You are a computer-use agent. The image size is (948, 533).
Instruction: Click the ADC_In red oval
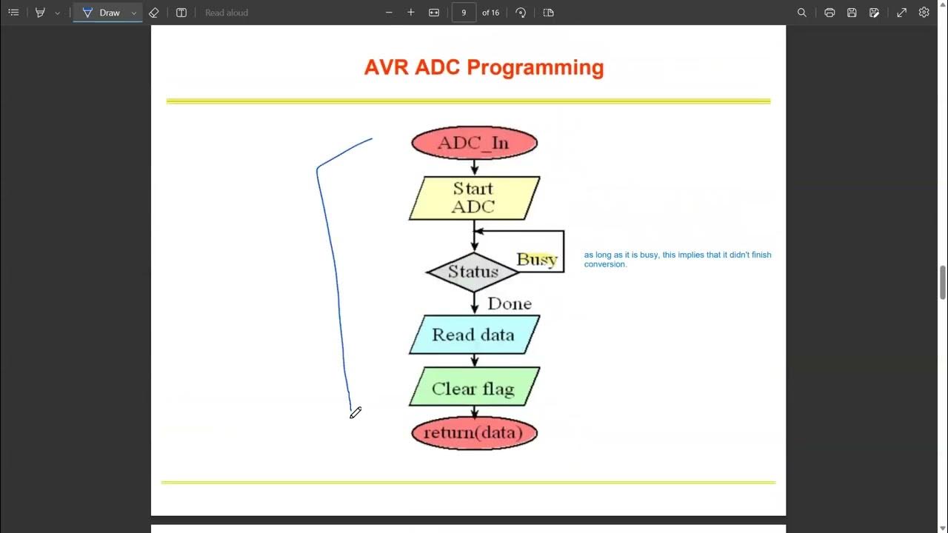(474, 143)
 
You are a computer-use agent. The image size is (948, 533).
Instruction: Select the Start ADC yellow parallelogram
(474, 198)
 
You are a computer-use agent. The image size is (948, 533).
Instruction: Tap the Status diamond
(473, 272)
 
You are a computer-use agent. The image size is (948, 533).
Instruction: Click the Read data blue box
(474, 335)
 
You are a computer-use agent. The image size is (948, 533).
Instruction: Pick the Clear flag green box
(474, 389)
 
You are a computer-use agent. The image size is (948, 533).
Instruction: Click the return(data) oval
(474, 432)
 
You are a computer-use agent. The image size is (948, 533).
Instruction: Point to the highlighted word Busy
(537, 259)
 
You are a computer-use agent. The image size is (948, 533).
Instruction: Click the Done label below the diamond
(510, 304)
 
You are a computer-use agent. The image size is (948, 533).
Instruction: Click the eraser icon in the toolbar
(154, 13)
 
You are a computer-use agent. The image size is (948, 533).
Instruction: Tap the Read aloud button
(226, 13)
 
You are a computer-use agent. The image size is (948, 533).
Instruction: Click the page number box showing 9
(464, 13)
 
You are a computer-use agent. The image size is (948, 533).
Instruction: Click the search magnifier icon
(802, 13)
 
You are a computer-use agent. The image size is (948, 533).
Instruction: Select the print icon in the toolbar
(829, 13)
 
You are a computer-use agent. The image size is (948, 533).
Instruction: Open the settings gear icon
(924, 13)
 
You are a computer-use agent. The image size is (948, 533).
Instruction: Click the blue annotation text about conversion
(677, 259)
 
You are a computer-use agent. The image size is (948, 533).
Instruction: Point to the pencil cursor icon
(355, 412)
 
